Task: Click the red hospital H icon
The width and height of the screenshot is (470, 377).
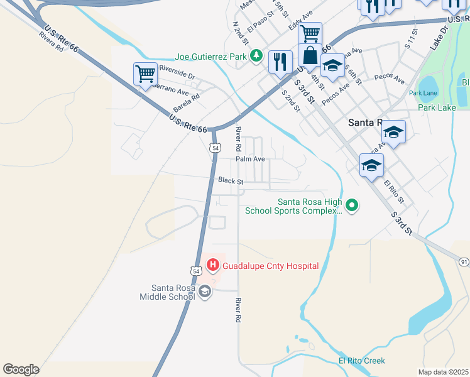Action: click(x=212, y=266)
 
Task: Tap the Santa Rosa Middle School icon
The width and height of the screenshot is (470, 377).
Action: click(x=205, y=292)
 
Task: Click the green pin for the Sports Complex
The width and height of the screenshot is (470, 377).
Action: click(x=352, y=205)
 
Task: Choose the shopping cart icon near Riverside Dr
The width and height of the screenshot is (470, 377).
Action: click(x=145, y=74)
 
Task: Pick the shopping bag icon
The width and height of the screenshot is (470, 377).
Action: click(x=310, y=55)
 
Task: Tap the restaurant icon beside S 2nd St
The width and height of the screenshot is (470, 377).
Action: click(x=280, y=62)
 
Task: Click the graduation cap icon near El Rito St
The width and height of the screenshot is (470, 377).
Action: click(x=371, y=165)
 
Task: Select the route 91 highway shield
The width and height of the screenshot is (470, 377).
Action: click(x=464, y=261)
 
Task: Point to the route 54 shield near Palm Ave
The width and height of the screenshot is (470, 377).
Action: click(x=216, y=148)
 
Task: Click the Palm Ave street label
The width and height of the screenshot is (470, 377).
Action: click(x=250, y=160)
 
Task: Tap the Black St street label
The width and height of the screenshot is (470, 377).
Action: click(x=231, y=180)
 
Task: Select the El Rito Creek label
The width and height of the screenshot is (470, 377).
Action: click(x=362, y=361)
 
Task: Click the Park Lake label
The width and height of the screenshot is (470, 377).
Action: click(x=437, y=107)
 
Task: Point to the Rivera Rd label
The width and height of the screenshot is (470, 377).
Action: click(x=51, y=41)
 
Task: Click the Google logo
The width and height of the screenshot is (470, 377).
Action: click(x=21, y=369)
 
